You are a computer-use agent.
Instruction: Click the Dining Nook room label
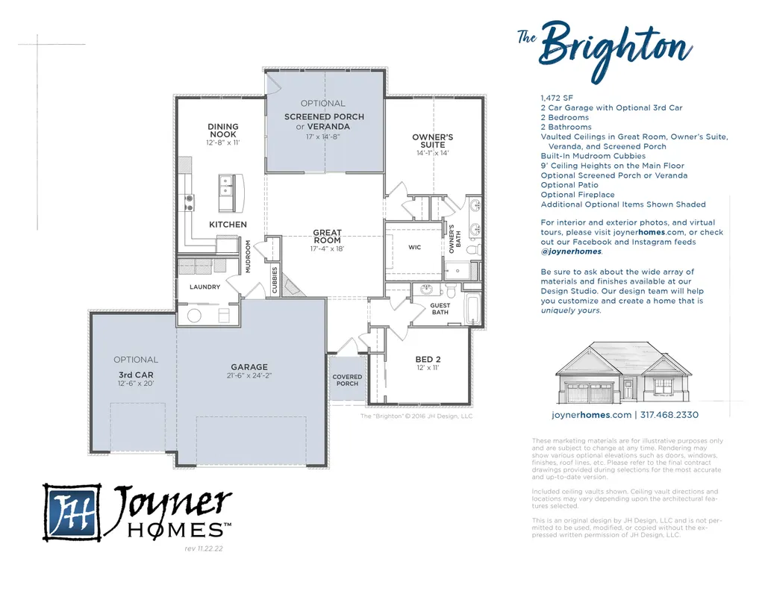click(223, 130)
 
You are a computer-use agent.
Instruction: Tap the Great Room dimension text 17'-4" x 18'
click(328, 248)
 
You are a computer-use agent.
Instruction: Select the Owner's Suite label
click(433, 141)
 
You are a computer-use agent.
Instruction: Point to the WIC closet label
click(415, 247)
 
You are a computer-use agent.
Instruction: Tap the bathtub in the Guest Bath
click(472, 308)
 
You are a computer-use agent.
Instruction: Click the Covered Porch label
click(347, 380)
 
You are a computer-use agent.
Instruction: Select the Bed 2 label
click(428, 360)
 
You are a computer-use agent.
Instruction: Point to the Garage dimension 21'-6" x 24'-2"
click(249, 375)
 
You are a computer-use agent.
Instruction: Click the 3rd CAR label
click(136, 375)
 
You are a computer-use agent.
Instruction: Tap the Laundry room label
click(205, 287)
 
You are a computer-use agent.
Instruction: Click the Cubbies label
click(275, 280)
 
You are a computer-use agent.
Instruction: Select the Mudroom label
click(248, 257)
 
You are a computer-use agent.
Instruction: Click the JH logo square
click(72, 513)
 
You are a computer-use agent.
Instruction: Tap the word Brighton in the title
click(616, 49)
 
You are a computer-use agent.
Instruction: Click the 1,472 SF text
click(557, 98)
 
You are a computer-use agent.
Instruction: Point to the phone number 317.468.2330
click(669, 415)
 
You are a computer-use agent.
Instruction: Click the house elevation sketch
click(624, 372)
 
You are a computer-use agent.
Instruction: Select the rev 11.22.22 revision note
click(204, 548)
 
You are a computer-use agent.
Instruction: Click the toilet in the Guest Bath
click(450, 290)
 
